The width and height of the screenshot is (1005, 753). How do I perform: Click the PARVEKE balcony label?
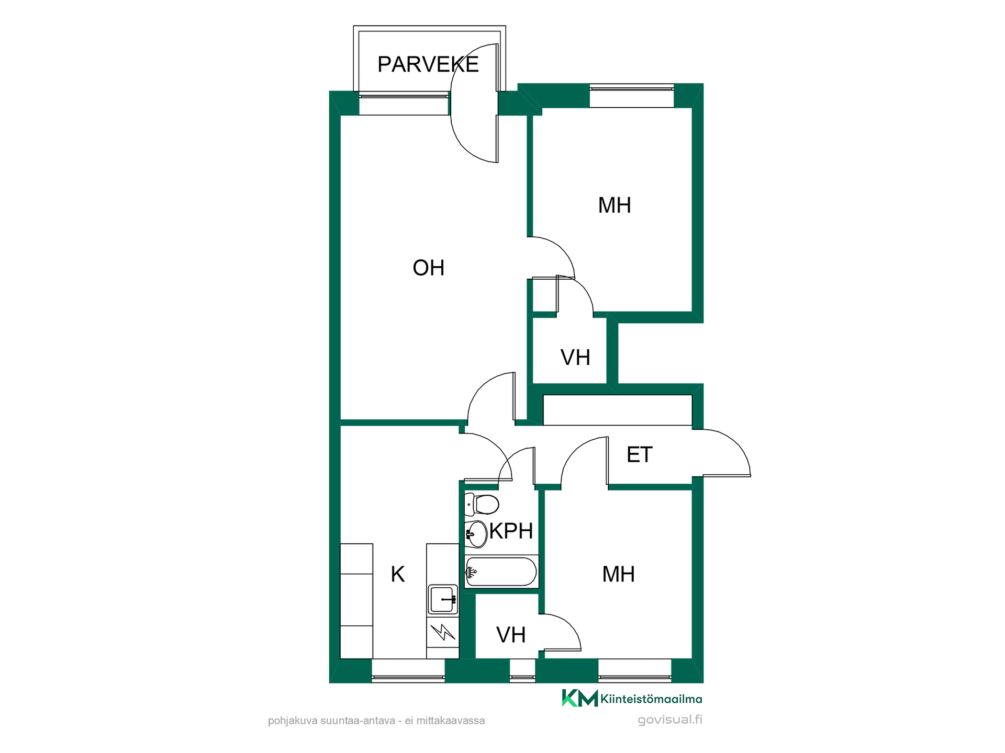pos(428,64)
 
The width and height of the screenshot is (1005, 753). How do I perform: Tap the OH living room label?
pos(428,268)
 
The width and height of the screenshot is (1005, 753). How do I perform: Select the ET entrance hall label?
pos(639,454)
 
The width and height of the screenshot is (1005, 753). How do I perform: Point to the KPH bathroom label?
pos(511,531)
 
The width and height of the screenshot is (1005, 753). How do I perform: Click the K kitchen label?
pos(397,574)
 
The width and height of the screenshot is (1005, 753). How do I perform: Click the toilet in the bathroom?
pos(482,505)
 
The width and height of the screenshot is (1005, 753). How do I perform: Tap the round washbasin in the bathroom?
pos(476,534)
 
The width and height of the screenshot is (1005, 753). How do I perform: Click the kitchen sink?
pos(443,599)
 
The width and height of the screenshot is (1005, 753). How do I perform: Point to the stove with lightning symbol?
pos(443,633)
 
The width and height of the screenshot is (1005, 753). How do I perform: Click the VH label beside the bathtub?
pos(511,635)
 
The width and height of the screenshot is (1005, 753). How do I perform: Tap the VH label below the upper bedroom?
pos(575,358)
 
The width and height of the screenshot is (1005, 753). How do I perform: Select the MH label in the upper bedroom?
pos(615,206)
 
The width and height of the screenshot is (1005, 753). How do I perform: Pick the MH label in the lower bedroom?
pos(619,574)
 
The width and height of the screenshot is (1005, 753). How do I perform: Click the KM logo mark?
pos(579,698)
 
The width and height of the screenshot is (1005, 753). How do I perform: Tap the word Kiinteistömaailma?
pos(651,699)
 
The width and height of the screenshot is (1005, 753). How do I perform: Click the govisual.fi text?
pos(670,720)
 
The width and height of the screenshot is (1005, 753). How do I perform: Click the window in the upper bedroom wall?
pos(632,96)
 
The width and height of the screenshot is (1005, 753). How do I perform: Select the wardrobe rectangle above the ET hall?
pos(618,410)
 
